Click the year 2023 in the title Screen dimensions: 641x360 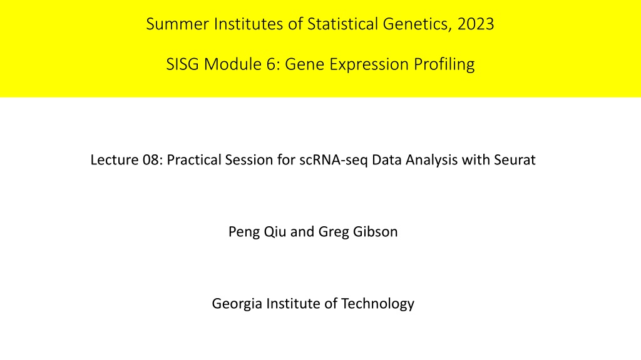point(476,24)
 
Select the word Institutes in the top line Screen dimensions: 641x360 point(249,24)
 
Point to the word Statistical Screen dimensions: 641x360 point(342,24)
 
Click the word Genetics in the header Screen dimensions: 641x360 point(418,24)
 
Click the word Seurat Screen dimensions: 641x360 point(515,159)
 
